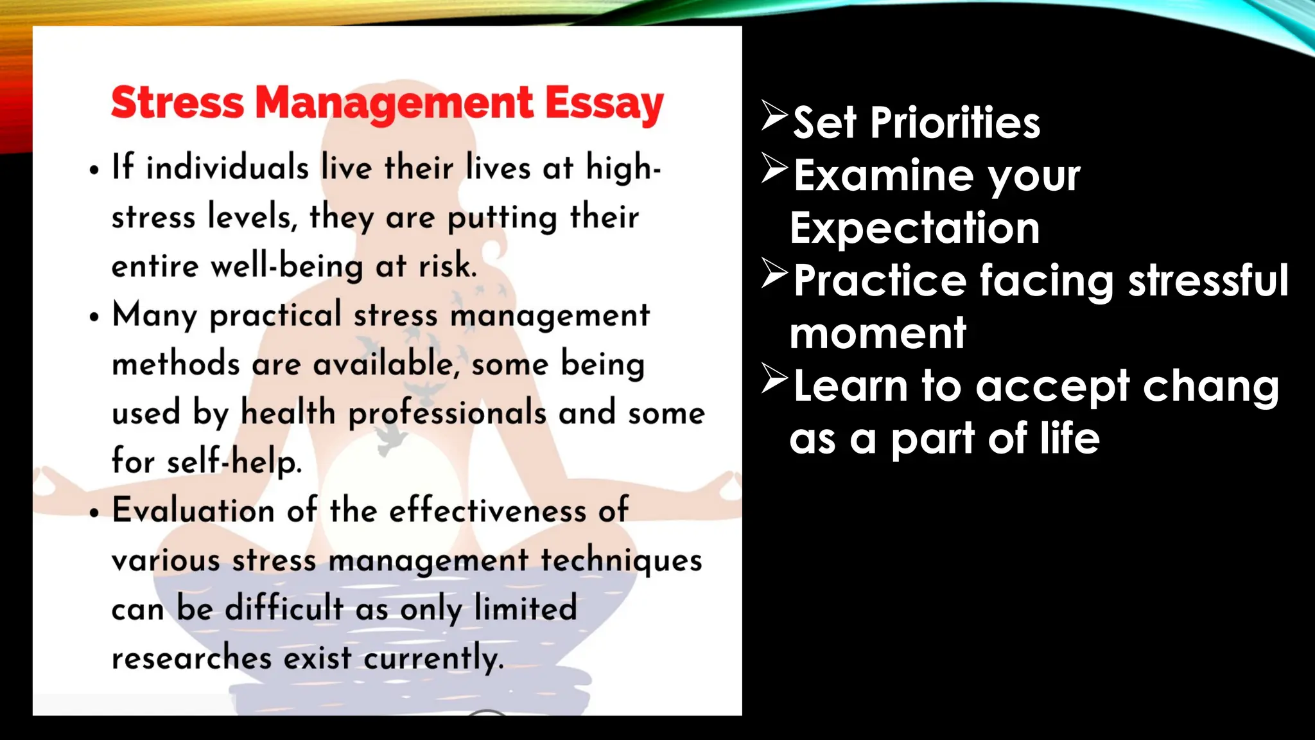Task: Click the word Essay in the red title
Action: point(604,104)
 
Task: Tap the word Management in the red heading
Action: point(394,104)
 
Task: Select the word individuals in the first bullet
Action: point(227,168)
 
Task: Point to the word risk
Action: point(448,266)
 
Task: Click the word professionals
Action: point(447,414)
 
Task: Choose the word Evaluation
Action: point(193,511)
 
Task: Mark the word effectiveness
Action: point(487,511)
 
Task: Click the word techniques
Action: point(621,560)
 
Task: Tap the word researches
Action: point(191,658)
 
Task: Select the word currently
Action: point(433,658)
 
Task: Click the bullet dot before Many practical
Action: point(95,317)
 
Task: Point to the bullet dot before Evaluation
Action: point(95,513)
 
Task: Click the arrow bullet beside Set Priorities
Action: point(774,116)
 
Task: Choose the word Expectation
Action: point(914,228)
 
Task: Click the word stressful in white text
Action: point(1208,281)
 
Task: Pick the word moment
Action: point(878,333)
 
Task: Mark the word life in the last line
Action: point(1070,439)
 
